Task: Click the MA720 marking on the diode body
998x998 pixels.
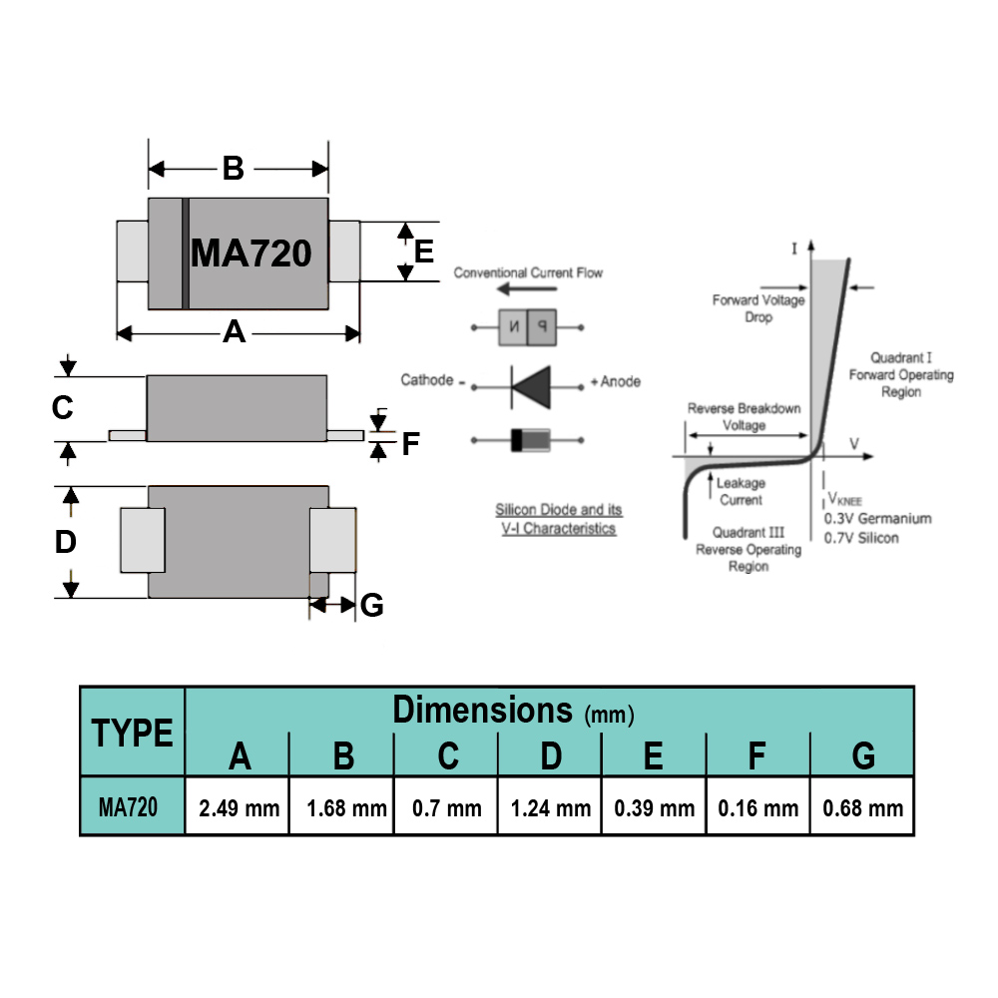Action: pyautogui.click(x=250, y=253)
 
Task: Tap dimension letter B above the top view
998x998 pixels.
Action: pyautogui.click(x=233, y=169)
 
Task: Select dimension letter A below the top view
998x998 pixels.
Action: pyautogui.click(x=234, y=331)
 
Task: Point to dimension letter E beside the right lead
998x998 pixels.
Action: pyautogui.click(x=424, y=251)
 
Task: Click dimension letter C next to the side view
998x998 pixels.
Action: pyautogui.click(x=62, y=407)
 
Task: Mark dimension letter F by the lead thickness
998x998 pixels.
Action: pyautogui.click(x=410, y=444)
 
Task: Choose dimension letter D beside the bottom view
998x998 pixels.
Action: pyautogui.click(x=66, y=542)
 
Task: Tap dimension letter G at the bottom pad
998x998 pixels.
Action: pyautogui.click(x=371, y=605)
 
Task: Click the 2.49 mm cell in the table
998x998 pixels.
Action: pyautogui.click(x=239, y=808)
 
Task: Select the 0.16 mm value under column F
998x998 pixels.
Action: pyautogui.click(x=758, y=808)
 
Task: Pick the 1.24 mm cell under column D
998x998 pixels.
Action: pyautogui.click(x=551, y=808)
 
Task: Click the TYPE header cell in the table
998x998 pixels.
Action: pyautogui.click(x=133, y=733)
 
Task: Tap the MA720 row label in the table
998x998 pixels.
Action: pyautogui.click(x=128, y=807)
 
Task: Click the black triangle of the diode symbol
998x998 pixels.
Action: pyautogui.click(x=532, y=387)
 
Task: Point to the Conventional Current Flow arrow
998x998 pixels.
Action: pyautogui.click(x=527, y=289)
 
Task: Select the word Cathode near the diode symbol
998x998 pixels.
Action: pyautogui.click(x=427, y=380)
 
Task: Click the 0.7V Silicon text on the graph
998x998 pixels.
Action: pyautogui.click(x=862, y=538)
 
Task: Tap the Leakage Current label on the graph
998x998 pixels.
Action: pyautogui.click(x=741, y=491)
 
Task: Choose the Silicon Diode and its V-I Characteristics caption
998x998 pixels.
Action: pyautogui.click(x=558, y=519)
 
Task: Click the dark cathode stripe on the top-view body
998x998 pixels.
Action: pyautogui.click(x=186, y=253)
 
